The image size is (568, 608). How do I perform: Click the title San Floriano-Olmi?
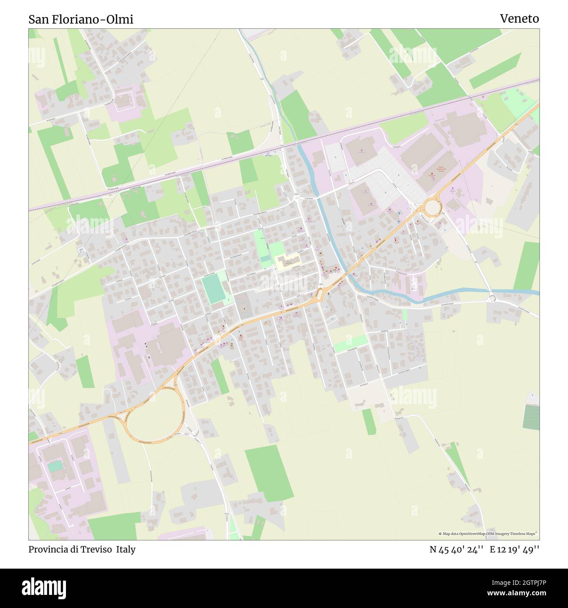81,19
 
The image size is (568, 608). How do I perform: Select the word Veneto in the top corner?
519,18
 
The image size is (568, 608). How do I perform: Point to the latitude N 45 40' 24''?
456,549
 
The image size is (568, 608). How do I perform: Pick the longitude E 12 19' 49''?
514,549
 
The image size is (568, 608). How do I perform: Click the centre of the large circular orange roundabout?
432,207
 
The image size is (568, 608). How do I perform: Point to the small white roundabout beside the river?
492,299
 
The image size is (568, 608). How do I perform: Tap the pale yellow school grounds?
286,262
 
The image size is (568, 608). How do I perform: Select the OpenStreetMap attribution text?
488,534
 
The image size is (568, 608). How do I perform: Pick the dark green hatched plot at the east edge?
531,417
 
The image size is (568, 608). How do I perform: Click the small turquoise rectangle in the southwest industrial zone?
55,466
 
